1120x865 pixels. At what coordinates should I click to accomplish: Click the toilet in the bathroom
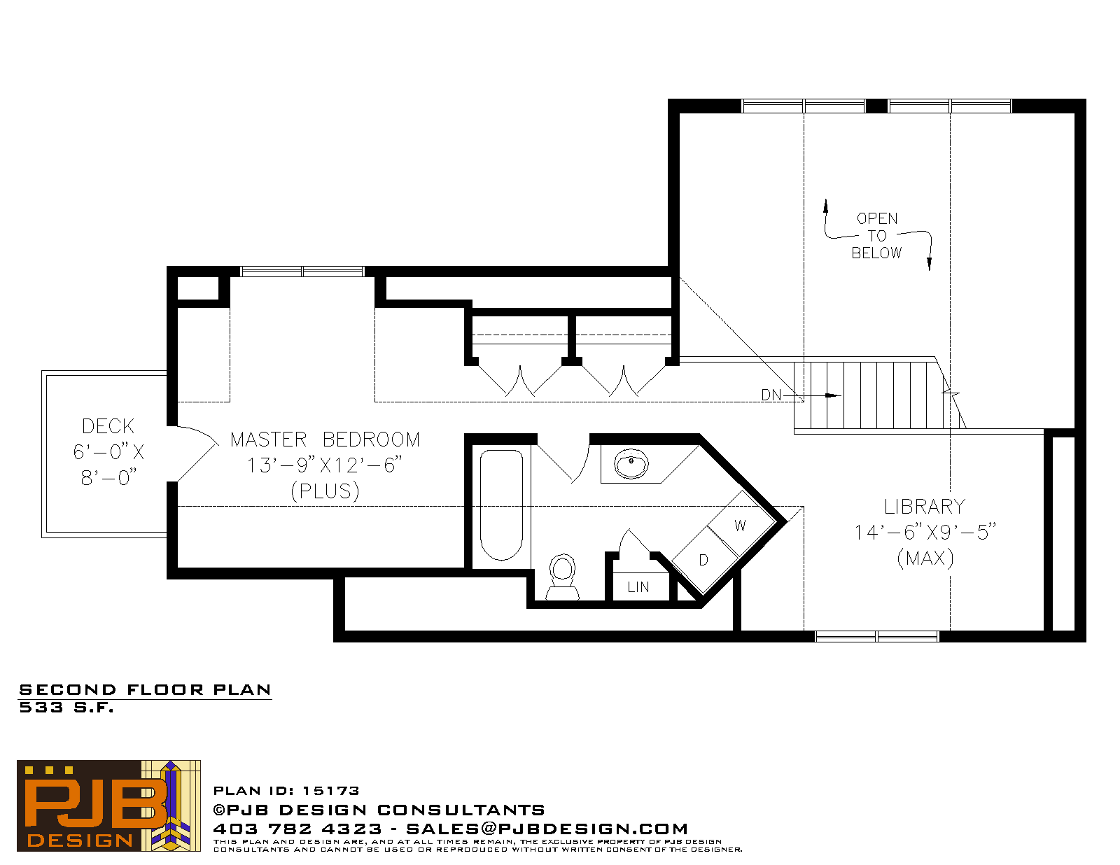pos(562,577)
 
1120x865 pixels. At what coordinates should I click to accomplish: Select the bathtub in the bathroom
pos(501,505)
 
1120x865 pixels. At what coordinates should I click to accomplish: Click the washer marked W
pos(741,525)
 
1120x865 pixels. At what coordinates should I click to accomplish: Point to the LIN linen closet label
pos(638,586)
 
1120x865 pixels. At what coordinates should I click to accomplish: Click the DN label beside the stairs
pos(771,395)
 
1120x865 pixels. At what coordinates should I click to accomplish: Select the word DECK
pos(108,426)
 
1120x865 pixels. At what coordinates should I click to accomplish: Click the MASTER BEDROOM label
pos(325,439)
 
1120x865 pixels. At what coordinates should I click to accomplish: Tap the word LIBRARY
pos(925,507)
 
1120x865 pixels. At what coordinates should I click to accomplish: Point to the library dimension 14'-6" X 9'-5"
pos(925,532)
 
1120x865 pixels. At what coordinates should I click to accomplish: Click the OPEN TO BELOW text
pos(876,235)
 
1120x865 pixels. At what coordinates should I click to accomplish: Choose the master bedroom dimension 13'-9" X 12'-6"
pos(325,465)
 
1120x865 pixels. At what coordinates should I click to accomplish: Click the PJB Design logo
pos(108,806)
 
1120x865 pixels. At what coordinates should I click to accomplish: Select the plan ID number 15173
pos(331,791)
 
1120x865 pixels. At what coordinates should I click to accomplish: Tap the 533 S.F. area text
pos(66,708)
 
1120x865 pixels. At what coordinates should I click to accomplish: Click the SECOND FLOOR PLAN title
pos(145,689)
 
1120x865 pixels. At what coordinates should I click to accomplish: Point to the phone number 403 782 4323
pos(297,829)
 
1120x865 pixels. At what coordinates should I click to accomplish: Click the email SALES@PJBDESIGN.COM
pos(547,829)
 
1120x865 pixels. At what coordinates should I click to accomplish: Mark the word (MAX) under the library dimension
pos(925,558)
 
